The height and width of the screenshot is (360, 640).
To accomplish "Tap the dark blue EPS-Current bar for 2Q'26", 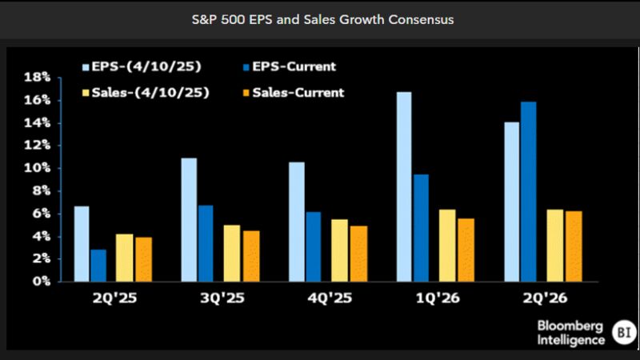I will pyautogui.click(x=528, y=191).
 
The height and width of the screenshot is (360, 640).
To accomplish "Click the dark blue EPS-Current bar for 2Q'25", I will pyautogui.click(x=98, y=266).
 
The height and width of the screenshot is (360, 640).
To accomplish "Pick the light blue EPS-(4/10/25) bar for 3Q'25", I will pyautogui.click(x=189, y=220).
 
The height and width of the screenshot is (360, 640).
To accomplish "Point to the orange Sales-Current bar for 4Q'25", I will pyautogui.click(x=358, y=254).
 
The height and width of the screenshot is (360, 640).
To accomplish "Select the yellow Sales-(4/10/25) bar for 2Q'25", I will pyautogui.click(x=124, y=258).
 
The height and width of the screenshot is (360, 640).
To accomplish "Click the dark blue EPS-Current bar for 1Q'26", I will pyautogui.click(x=421, y=228).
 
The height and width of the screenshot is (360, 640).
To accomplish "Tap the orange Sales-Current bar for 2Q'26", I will pyautogui.click(x=573, y=246).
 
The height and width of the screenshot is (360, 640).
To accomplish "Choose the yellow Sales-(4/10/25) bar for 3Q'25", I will pyautogui.click(x=231, y=253).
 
